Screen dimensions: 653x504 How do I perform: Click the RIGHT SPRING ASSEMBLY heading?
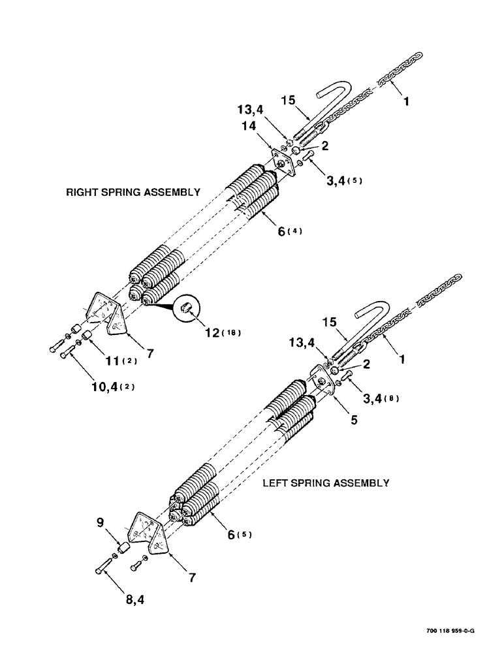click(x=133, y=193)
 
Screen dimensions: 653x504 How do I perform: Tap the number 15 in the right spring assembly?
click(x=289, y=102)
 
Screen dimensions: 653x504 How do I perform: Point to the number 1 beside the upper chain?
click(x=407, y=103)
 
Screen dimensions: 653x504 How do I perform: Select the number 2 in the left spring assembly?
click(x=367, y=365)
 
